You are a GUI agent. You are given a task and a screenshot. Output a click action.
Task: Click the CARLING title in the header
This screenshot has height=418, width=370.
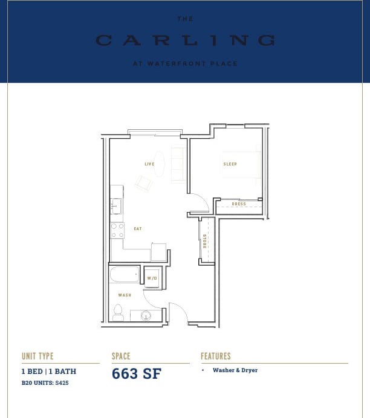pos(185,40)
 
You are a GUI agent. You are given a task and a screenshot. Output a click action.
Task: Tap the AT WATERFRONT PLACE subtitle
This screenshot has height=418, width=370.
pos(185,63)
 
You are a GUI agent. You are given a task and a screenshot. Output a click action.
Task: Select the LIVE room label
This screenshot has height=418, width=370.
pos(149,164)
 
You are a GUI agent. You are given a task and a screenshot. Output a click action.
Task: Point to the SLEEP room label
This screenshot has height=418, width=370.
pos(230,164)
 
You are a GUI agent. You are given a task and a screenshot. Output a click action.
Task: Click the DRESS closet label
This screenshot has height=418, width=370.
pos(239,204)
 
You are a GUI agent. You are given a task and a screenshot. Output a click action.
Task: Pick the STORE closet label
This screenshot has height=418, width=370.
pos(204,241)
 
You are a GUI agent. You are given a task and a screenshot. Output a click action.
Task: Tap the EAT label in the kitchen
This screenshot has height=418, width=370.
pos(138,228)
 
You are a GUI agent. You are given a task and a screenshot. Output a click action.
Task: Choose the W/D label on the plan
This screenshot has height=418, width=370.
pos(152,278)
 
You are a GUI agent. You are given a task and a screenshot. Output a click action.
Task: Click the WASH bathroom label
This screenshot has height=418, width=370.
pos(125,295)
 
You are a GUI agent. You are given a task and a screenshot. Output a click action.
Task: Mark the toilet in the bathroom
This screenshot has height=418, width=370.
pos(118,312)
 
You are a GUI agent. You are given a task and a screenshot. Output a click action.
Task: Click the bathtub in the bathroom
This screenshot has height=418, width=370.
pos(125,274)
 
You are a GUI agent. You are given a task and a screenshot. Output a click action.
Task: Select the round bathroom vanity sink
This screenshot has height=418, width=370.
pos(146,315)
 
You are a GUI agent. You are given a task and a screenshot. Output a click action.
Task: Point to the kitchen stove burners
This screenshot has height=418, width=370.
pos(117,230)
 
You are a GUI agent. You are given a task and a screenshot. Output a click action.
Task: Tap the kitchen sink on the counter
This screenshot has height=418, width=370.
pos(115,206)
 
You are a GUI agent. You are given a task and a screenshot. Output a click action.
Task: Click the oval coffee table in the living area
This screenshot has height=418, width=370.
pos(159,164)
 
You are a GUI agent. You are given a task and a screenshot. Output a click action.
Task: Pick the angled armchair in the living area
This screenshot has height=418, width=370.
pos(144,183)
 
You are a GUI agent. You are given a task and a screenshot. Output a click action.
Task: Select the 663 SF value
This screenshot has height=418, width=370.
pos(137,373)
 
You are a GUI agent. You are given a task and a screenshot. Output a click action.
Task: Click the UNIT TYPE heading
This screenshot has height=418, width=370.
pos(37,356)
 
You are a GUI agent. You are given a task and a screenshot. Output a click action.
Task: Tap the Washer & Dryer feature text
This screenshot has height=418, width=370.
pos(235,370)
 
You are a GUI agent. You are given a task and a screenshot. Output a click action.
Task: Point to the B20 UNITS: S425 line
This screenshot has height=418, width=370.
pos(45,383)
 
